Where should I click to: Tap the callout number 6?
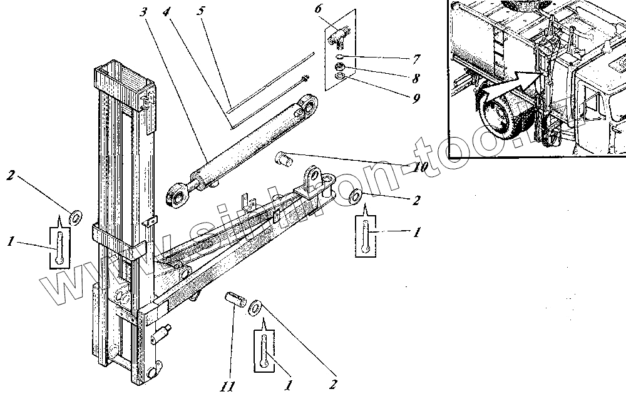318,9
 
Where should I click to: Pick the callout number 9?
416,98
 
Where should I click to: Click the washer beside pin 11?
256,307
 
